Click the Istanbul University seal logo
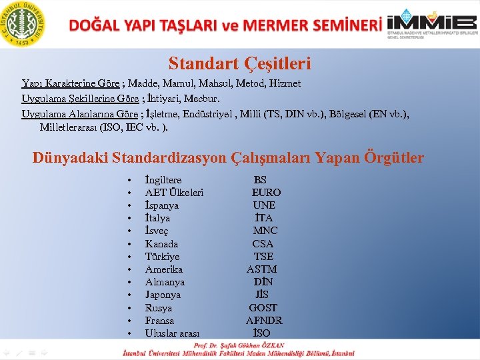[23, 23]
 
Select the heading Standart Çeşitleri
[239, 64]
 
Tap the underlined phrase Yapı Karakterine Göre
[71, 83]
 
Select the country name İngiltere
[163, 180]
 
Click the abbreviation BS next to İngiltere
[260, 180]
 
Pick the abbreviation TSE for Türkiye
[263, 257]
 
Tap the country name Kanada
[161, 244]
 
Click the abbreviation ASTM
[261, 269]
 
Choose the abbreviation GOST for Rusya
[263, 308]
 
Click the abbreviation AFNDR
[264, 321]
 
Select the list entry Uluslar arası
[172, 333]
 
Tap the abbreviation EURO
[266, 193]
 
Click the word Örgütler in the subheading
[394, 158]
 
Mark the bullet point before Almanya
[127, 283]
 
